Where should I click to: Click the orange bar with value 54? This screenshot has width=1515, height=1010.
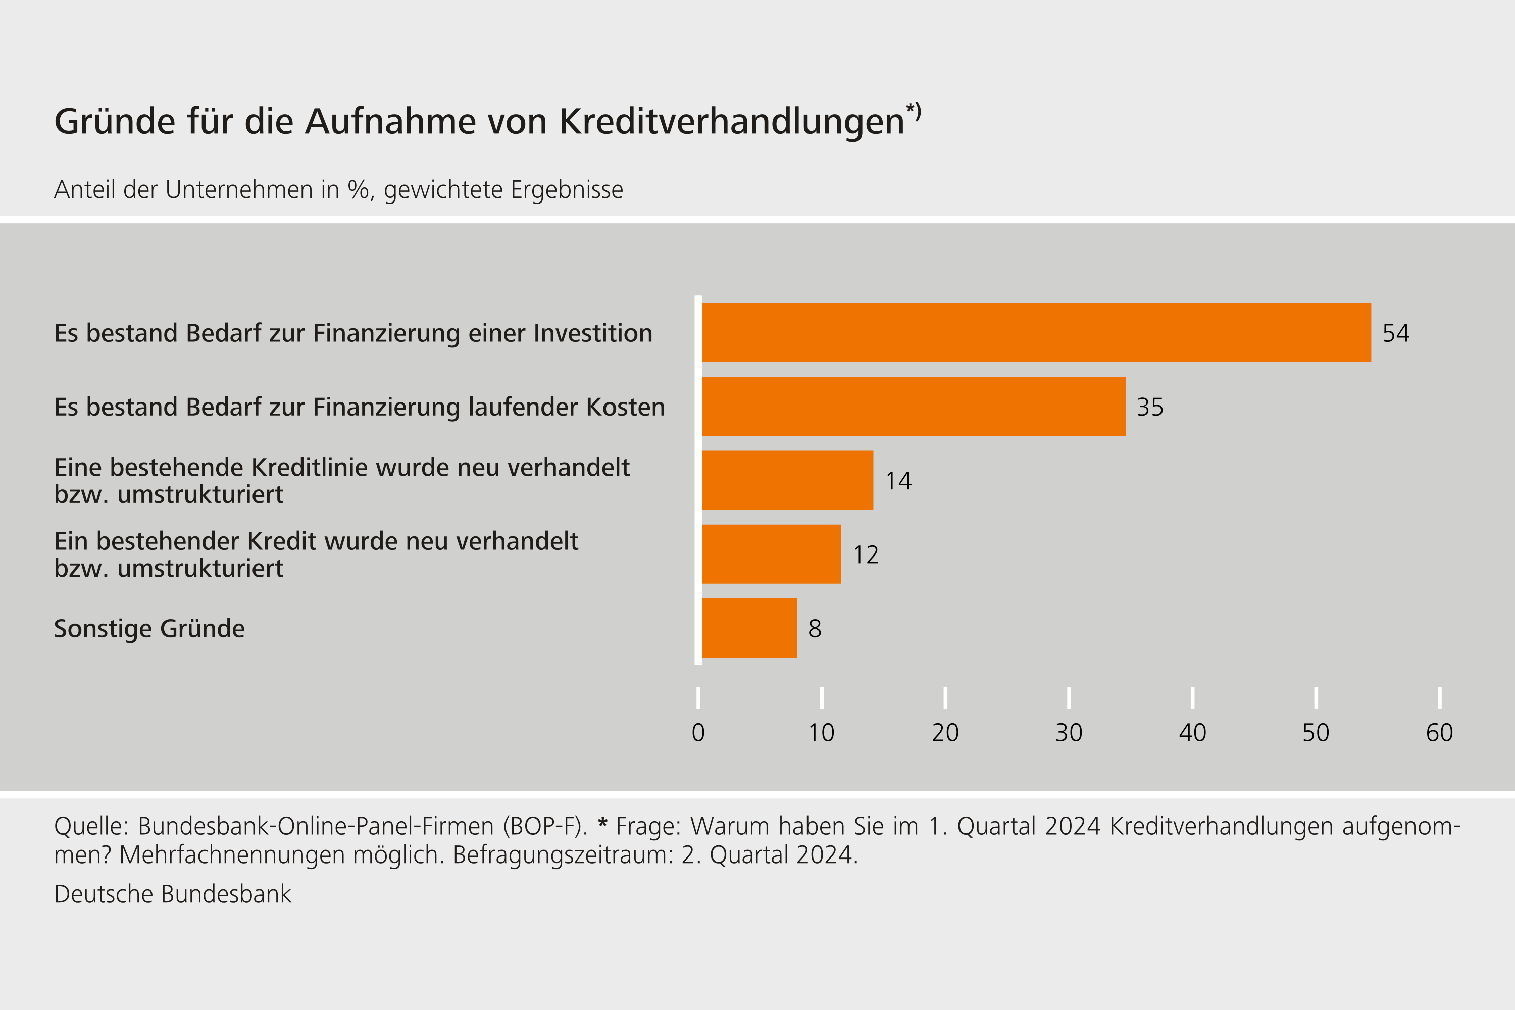pos(1036,332)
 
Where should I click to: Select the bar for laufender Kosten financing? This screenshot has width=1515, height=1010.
pos(914,407)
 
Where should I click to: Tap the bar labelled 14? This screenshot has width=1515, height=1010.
pos(787,480)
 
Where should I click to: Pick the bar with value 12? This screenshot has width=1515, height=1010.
pos(771,554)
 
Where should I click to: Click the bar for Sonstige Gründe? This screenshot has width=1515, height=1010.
pos(749,628)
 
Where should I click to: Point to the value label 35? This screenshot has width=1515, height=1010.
pos(1150,407)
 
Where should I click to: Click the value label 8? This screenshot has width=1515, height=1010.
pos(815,629)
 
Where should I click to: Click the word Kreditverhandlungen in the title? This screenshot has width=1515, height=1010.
pos(732,121)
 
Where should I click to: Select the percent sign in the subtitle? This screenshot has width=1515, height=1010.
pos(358,189)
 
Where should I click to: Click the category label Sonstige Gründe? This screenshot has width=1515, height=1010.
pos(149,629)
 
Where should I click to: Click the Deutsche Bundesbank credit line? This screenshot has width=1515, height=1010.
pos(173,894)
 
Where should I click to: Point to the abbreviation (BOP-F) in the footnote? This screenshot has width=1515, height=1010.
pos(545,826)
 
